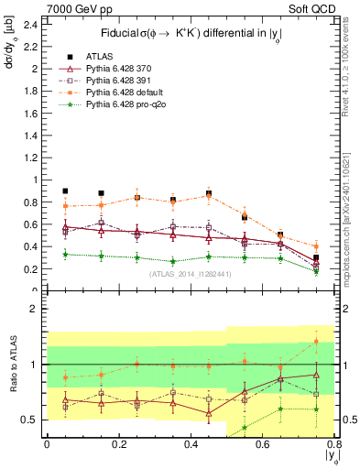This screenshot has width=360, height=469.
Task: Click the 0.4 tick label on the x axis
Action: point(191,445)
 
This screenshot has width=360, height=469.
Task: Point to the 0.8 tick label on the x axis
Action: point(334,445)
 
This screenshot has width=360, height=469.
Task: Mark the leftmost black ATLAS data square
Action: point(65,191)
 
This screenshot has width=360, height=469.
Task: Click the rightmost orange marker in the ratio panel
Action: point(316,342)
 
